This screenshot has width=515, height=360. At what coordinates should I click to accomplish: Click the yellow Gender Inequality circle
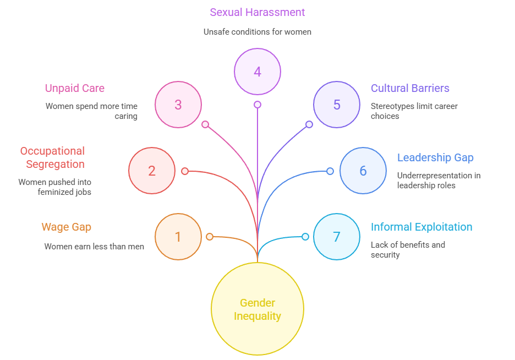(x=257, y=309)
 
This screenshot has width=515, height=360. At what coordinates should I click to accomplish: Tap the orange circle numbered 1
(x=178, y=237)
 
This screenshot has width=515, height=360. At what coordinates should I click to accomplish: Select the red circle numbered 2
(x=152, y=171)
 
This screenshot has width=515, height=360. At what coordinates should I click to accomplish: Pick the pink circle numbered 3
(x=178, y=105)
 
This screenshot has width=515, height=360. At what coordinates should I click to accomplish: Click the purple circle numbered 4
(x=257, y=72)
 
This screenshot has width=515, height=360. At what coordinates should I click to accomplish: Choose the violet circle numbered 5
(x=337, y=105)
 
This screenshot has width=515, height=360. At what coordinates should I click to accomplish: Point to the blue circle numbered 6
(x=363, y=171)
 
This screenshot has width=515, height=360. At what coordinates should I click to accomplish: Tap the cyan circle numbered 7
(x=337, y=237)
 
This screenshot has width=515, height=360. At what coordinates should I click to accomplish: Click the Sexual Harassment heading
(x=257, y=12)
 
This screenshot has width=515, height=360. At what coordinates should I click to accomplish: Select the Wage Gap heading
(x=66, y=227)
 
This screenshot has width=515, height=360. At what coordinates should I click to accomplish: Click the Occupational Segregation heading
(x=52, y=157)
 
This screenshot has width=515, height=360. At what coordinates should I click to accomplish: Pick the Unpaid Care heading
(x=74, y=88)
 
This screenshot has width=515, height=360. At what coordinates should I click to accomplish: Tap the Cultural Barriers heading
(x=410, y=88)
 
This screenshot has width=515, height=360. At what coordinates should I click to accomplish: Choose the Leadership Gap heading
(x=435, y=157)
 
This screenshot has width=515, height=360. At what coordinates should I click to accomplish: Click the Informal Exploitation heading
(x=421, y=227)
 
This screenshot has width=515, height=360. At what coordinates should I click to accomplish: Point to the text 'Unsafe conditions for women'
(x=257, y=32)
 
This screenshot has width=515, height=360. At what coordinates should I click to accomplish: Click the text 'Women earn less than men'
(x=94, y=247)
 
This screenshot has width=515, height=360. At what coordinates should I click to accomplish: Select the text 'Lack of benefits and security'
(x=408, y=249)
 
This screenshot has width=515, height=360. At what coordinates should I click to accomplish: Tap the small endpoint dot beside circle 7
(x=305, y=237)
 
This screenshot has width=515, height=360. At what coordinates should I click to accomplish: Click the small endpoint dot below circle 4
(x=257, y=105)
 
